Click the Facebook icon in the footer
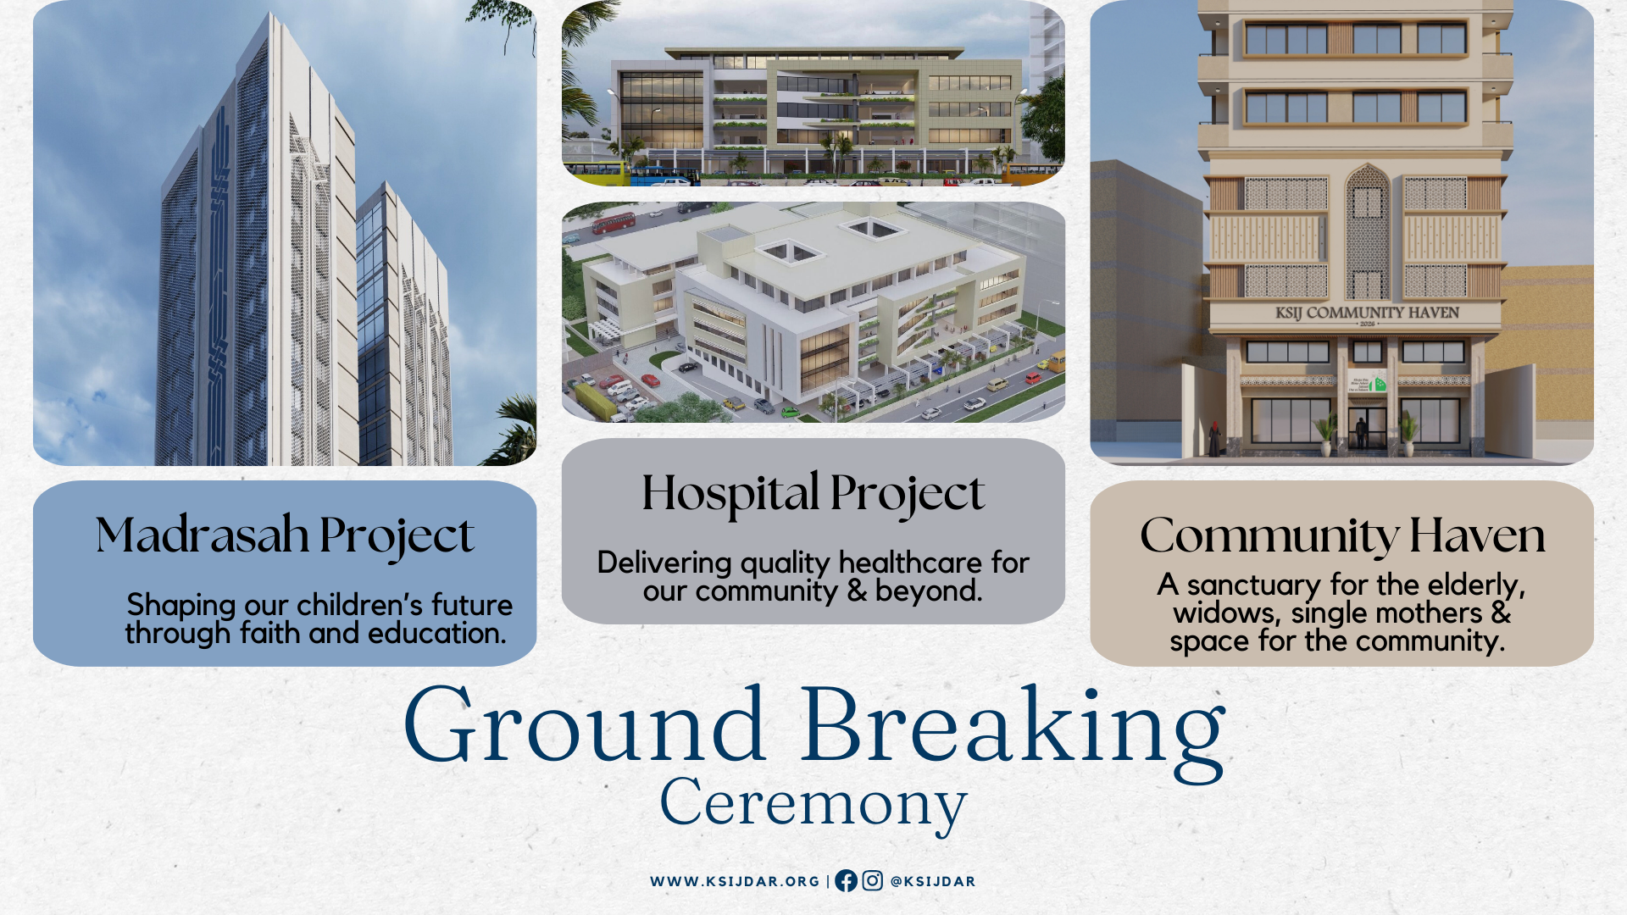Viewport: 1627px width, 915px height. pyautogui.click(x=846, y=881)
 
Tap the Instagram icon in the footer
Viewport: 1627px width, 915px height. pyautogui.click(x=872, y=881)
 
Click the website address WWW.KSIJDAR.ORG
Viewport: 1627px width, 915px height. pyautogui.click(x=735, y=881)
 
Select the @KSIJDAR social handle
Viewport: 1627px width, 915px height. pyautogui.click(x=933, y=881)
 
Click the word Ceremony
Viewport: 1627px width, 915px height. pyautogui.click(x=813, y=803)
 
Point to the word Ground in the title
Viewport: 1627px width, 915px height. pyautogui.click(x=586, y=725)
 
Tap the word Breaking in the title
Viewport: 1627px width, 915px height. pyautogui.click(x=1013, y=730)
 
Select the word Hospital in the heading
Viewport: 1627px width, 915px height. pyautogui.click(x=730, y=494)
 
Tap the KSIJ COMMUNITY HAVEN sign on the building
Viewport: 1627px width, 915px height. pyautogui.click(x=1367, y=313)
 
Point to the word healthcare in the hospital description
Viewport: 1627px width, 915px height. pyautogui.click(x=910, y=563)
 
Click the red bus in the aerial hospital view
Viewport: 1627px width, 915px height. pyautogui.click(x=614, y=223)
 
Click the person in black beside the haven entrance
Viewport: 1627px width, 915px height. pyautogui.click(x=1214, y=439)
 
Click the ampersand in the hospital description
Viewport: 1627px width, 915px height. pyautogui.click(x=857, y=591)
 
